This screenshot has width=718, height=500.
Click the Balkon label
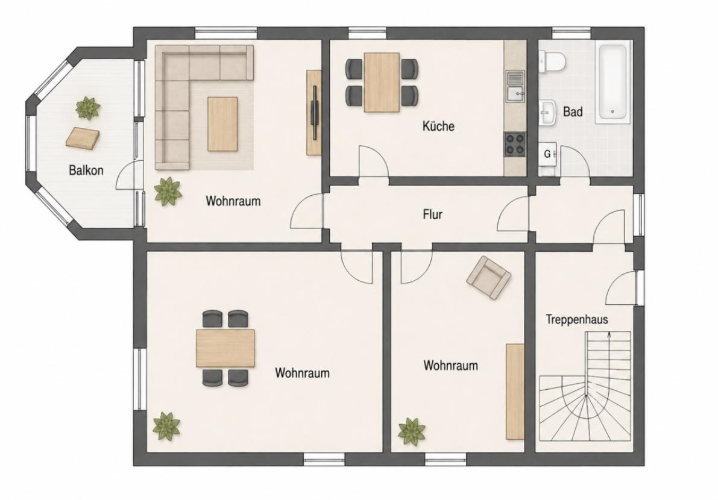[x=86, y=170]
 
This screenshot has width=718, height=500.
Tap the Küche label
[x=438, y=126]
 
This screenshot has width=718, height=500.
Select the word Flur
[x=432, y=214]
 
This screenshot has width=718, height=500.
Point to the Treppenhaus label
[x=577, y=319]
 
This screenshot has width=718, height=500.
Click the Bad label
[x=573, y=111]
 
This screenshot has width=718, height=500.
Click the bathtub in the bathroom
[x=614, y=84]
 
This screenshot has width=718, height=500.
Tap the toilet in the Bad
[x=552, y=62]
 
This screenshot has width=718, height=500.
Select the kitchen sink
[x=515, y=86]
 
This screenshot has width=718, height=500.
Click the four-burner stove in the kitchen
[x=515, y=144]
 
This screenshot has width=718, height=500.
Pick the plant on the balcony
[x=87, y=108]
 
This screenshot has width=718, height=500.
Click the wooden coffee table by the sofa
[x=223, y=124]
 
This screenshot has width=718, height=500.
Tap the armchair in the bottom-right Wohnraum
[x=488, y=278]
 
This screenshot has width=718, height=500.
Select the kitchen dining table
[x=382, y=83]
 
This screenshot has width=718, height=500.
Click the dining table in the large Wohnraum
[x=225, y=348]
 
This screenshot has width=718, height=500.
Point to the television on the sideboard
[x=314, y=113]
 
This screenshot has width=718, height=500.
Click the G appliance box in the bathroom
[x=547, y=154]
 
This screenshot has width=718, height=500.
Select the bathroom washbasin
[x=547, y=112]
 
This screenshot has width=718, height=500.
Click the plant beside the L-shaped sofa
[x=168, y=191]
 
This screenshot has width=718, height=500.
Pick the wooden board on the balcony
[x=83, y=138]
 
